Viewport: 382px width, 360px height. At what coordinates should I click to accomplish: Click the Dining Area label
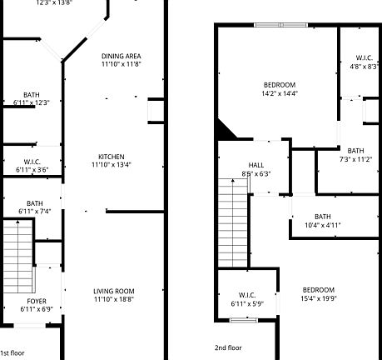(x=122, y=56)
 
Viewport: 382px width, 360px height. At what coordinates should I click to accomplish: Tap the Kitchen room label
(x=112, y=157)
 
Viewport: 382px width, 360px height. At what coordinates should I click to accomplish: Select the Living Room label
(x=113, y=291)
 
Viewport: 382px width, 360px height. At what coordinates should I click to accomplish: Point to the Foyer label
(x=37, y=301)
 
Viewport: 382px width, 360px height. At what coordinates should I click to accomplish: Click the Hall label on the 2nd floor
(x=255, y=165)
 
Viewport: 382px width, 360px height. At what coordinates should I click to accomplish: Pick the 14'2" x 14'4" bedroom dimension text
(x=280, y=93)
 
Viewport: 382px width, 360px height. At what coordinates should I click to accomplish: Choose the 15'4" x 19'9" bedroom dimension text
(x=318, y=298)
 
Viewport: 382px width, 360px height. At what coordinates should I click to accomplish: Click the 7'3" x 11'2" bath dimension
(x=355, y=159)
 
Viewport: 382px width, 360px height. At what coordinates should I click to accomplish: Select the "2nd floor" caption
(x=228, y=347)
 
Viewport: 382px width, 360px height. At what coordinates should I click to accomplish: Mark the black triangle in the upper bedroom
(x=224, y=129)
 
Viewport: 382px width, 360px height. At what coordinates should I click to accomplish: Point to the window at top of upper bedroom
(x=281, y=26)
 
